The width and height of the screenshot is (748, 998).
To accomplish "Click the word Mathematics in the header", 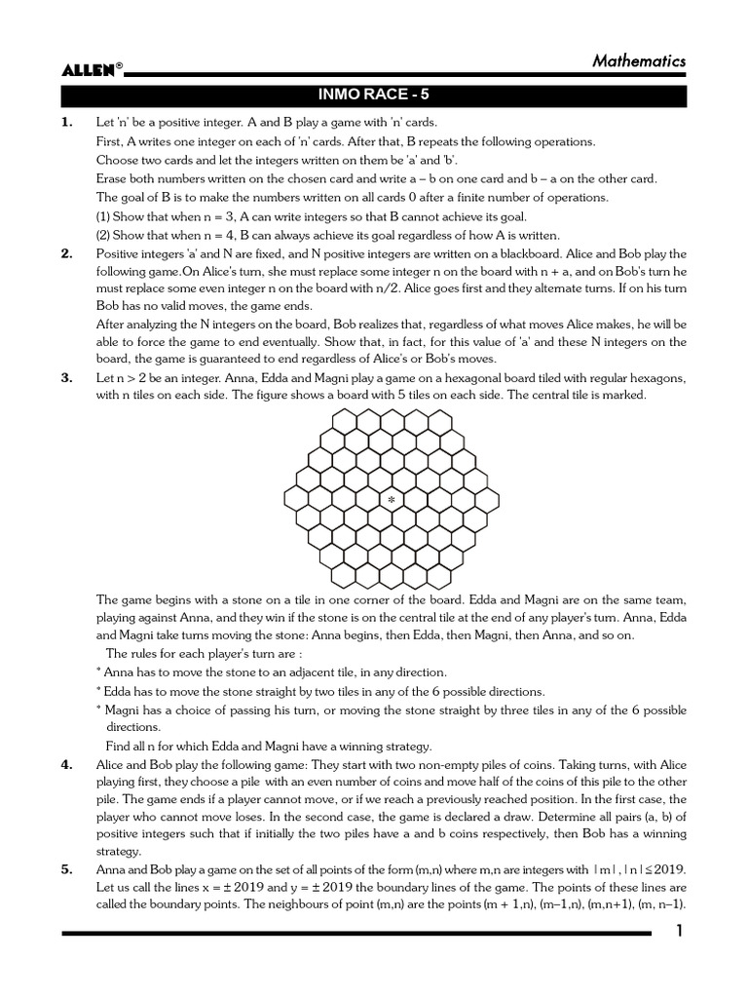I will pos(639,60).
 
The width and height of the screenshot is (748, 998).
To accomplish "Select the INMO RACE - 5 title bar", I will pos(374,96).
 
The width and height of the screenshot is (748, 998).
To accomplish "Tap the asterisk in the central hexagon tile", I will pos(392,499).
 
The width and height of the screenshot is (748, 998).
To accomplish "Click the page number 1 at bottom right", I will pos(680,934).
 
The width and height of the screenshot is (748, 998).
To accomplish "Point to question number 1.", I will pos(67,123).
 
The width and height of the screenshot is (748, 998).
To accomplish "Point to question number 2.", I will pos(67,254).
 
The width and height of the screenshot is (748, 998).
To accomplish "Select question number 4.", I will pos(67,765).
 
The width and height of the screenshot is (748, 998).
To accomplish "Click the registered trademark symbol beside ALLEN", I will pos(119,64).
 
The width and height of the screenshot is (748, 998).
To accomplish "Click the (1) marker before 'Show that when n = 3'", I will pos(104,216).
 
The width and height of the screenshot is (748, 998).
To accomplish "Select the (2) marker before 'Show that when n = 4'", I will pos(104,235).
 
